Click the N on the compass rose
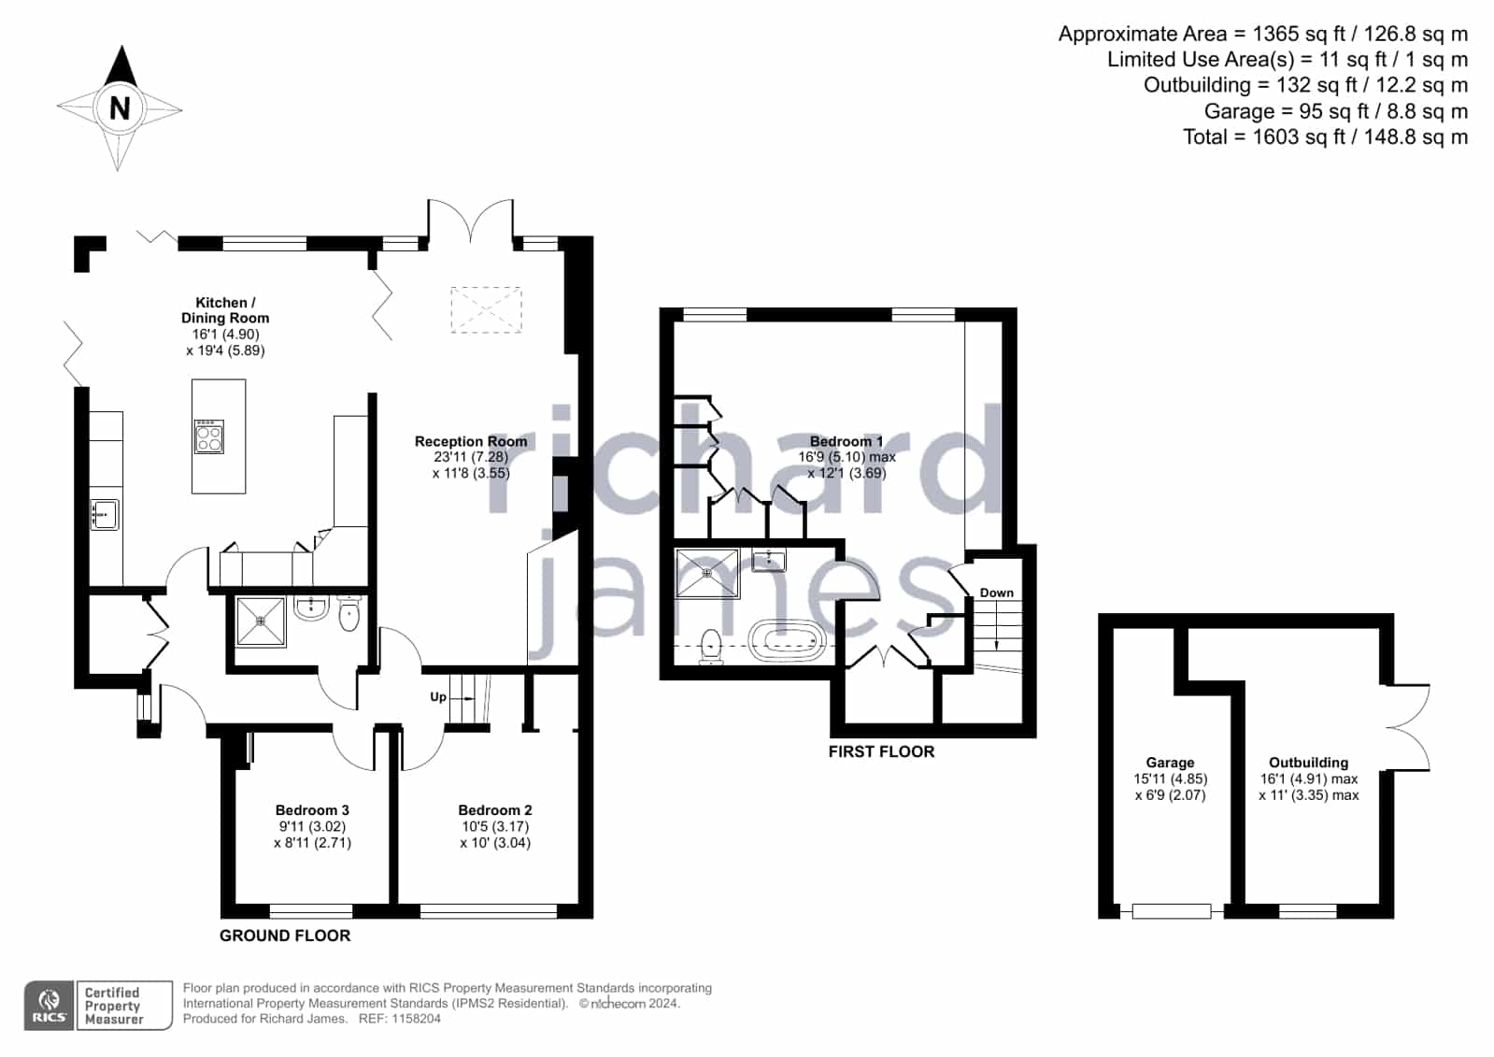[120, 107]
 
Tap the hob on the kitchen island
[208, 436]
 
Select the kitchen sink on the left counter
[105, 515]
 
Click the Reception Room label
[471, 441]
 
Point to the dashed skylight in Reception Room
[486, 309]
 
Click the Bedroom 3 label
[312, 810]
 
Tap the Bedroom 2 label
[495, 810]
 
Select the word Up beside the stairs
[438, 696]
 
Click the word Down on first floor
[996, 593]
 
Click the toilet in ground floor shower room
[349, 613]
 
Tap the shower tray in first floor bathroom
[707, 573]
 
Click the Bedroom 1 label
[847, 441]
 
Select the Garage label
[1170, 762]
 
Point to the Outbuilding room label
[1309, 762]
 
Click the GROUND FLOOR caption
[285, 936]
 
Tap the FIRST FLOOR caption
[881, 751]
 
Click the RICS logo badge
[50, 1005]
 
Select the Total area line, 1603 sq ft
[1325, 136]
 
